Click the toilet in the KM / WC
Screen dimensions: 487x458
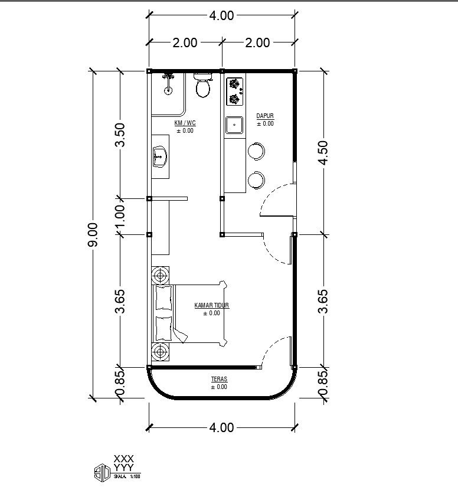pos(203,86)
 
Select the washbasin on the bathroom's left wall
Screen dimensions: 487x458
pos(160,157)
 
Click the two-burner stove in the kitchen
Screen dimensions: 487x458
pos(235,91)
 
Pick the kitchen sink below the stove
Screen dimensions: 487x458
pos(234,126)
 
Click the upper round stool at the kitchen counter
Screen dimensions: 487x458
pos(257,151)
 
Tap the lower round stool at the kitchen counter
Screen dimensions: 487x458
pos(257,179)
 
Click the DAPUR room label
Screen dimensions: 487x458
pos(265,116)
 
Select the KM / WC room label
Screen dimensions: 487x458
pos(185,123)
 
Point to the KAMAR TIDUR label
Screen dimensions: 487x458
pos(211,306)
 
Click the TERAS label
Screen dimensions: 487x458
pos(219,379)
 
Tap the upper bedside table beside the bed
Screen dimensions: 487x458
pos(160,275)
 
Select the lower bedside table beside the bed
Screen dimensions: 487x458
pos(160,351)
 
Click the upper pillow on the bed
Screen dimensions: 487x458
pos(163,299)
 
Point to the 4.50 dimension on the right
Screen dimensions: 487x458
pos(323,152)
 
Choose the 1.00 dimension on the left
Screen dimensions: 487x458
pos(120,217)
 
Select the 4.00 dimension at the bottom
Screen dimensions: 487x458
pos(221,427)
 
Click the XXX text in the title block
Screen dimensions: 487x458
pos(124,459)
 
